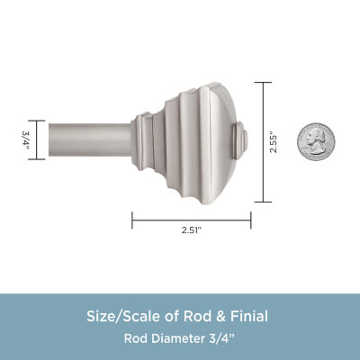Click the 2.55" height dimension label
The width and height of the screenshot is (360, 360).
point(274,142)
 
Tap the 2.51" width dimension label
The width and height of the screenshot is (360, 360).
point(192,230)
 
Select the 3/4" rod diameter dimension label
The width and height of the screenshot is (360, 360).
point(24,140)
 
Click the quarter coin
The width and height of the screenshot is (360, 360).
point(316,141)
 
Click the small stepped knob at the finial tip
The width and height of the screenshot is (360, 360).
point(240,140)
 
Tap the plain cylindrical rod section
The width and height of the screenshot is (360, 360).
point(90,139)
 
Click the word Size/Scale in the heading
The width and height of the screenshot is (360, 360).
point(125,317)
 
